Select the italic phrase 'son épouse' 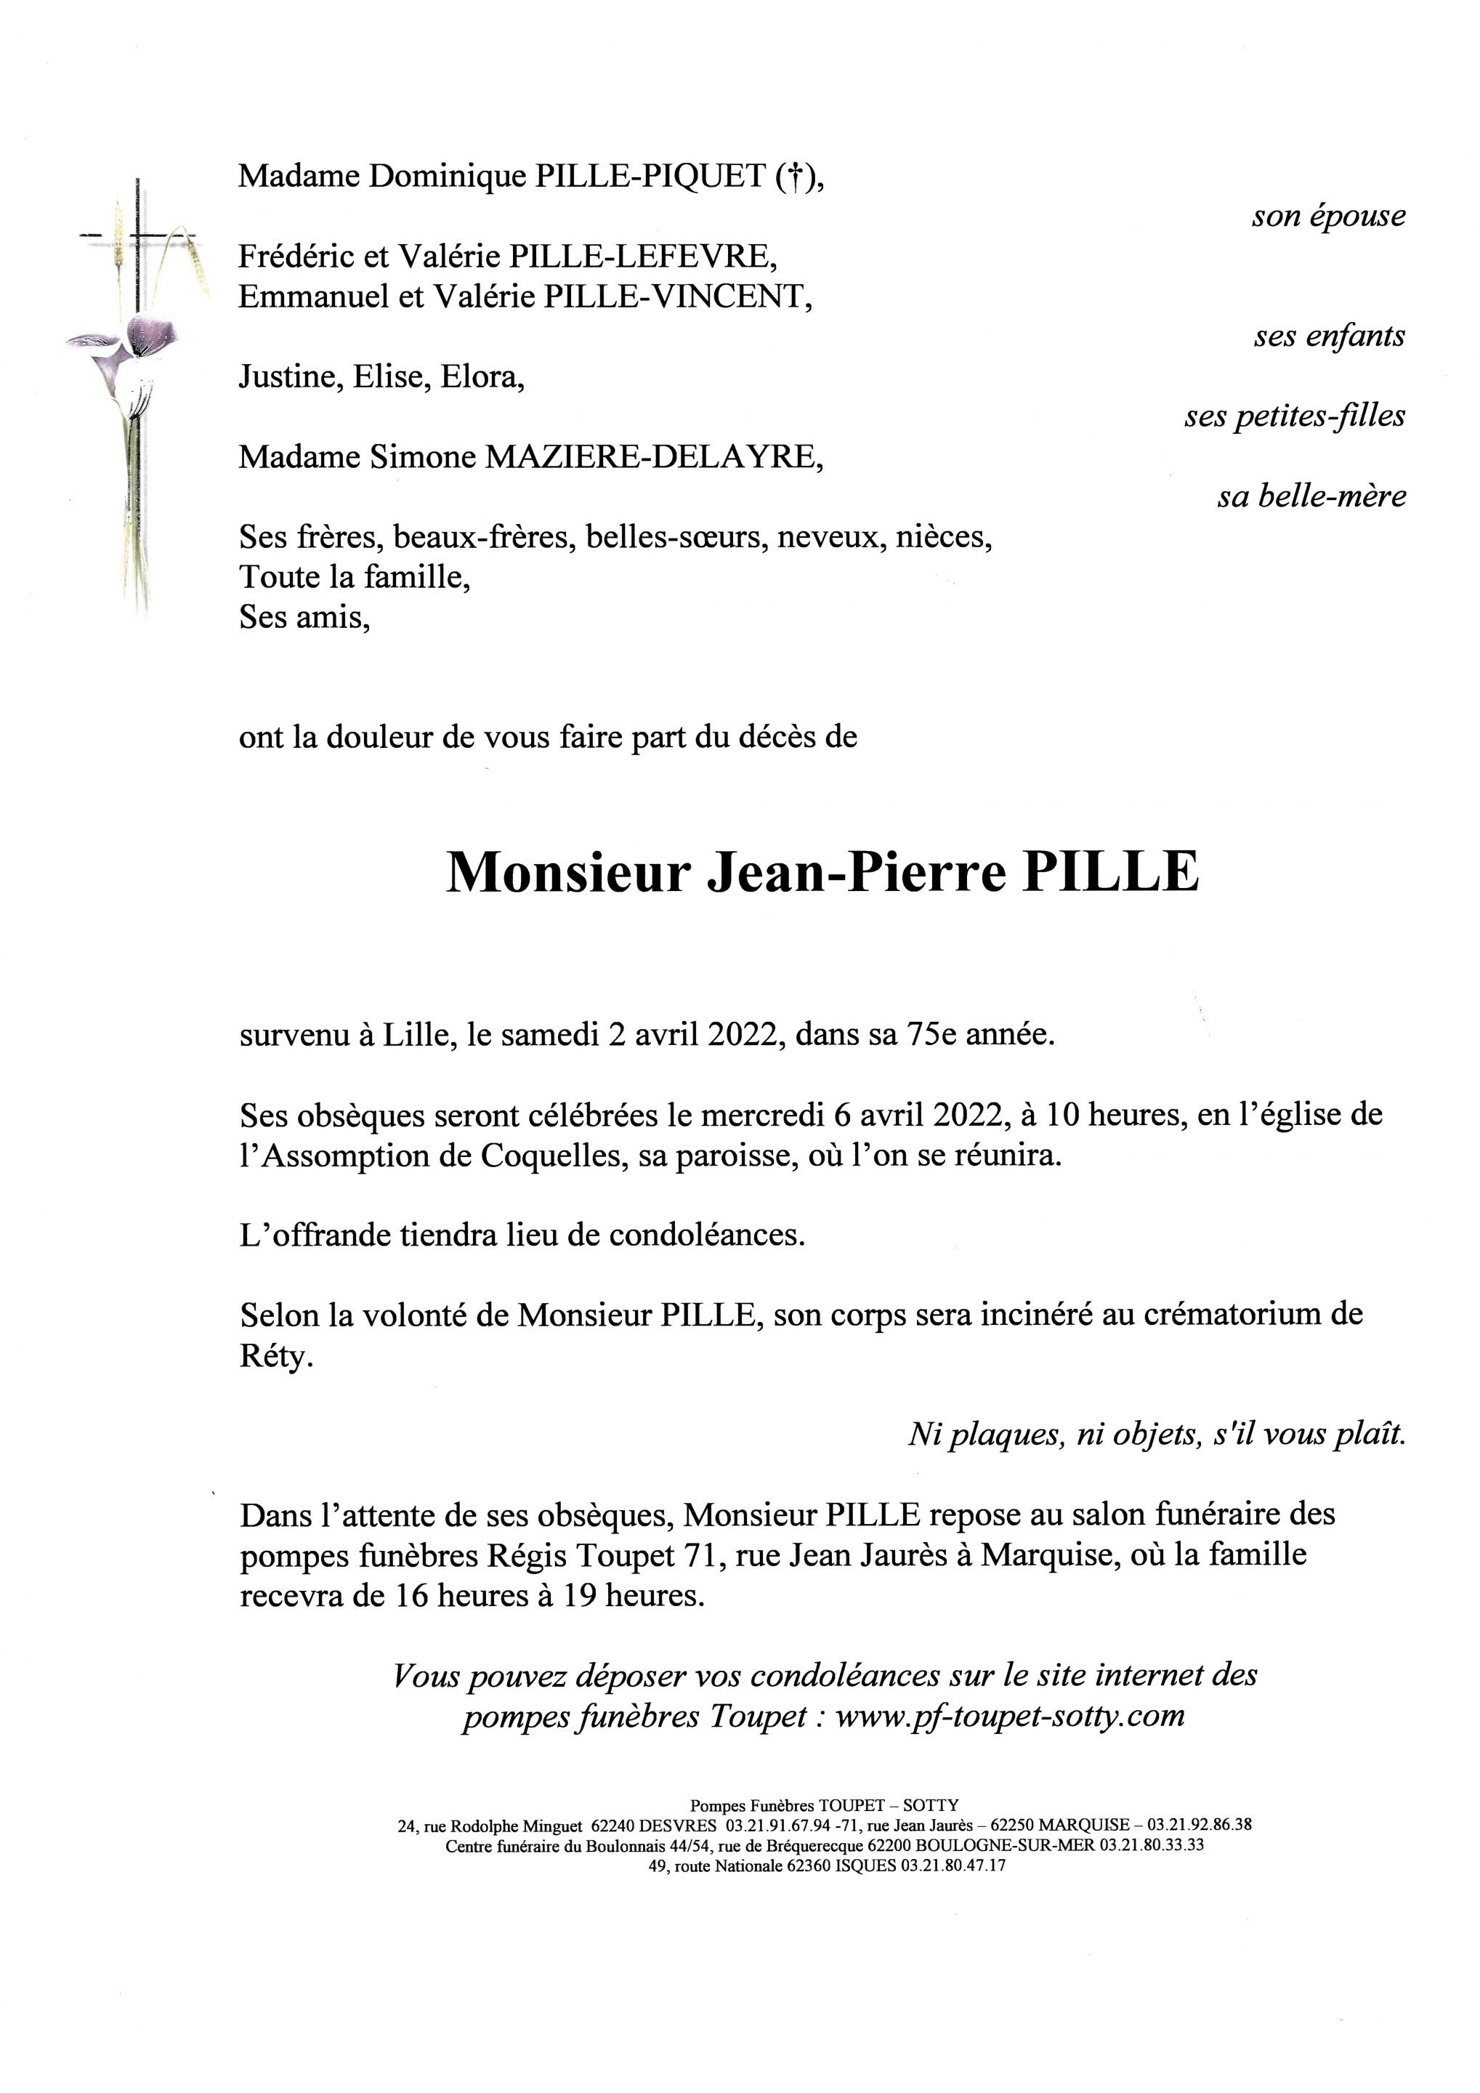pos(1329,216)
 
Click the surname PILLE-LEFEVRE pos(642,257)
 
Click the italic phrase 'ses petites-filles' pos(1294,416)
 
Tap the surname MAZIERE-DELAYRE pos(653,456)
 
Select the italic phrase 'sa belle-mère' pos(1311,497)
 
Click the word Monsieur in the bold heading pos(566,872)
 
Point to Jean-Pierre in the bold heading pos(857,872)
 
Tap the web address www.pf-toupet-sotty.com pos(1010,1716)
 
